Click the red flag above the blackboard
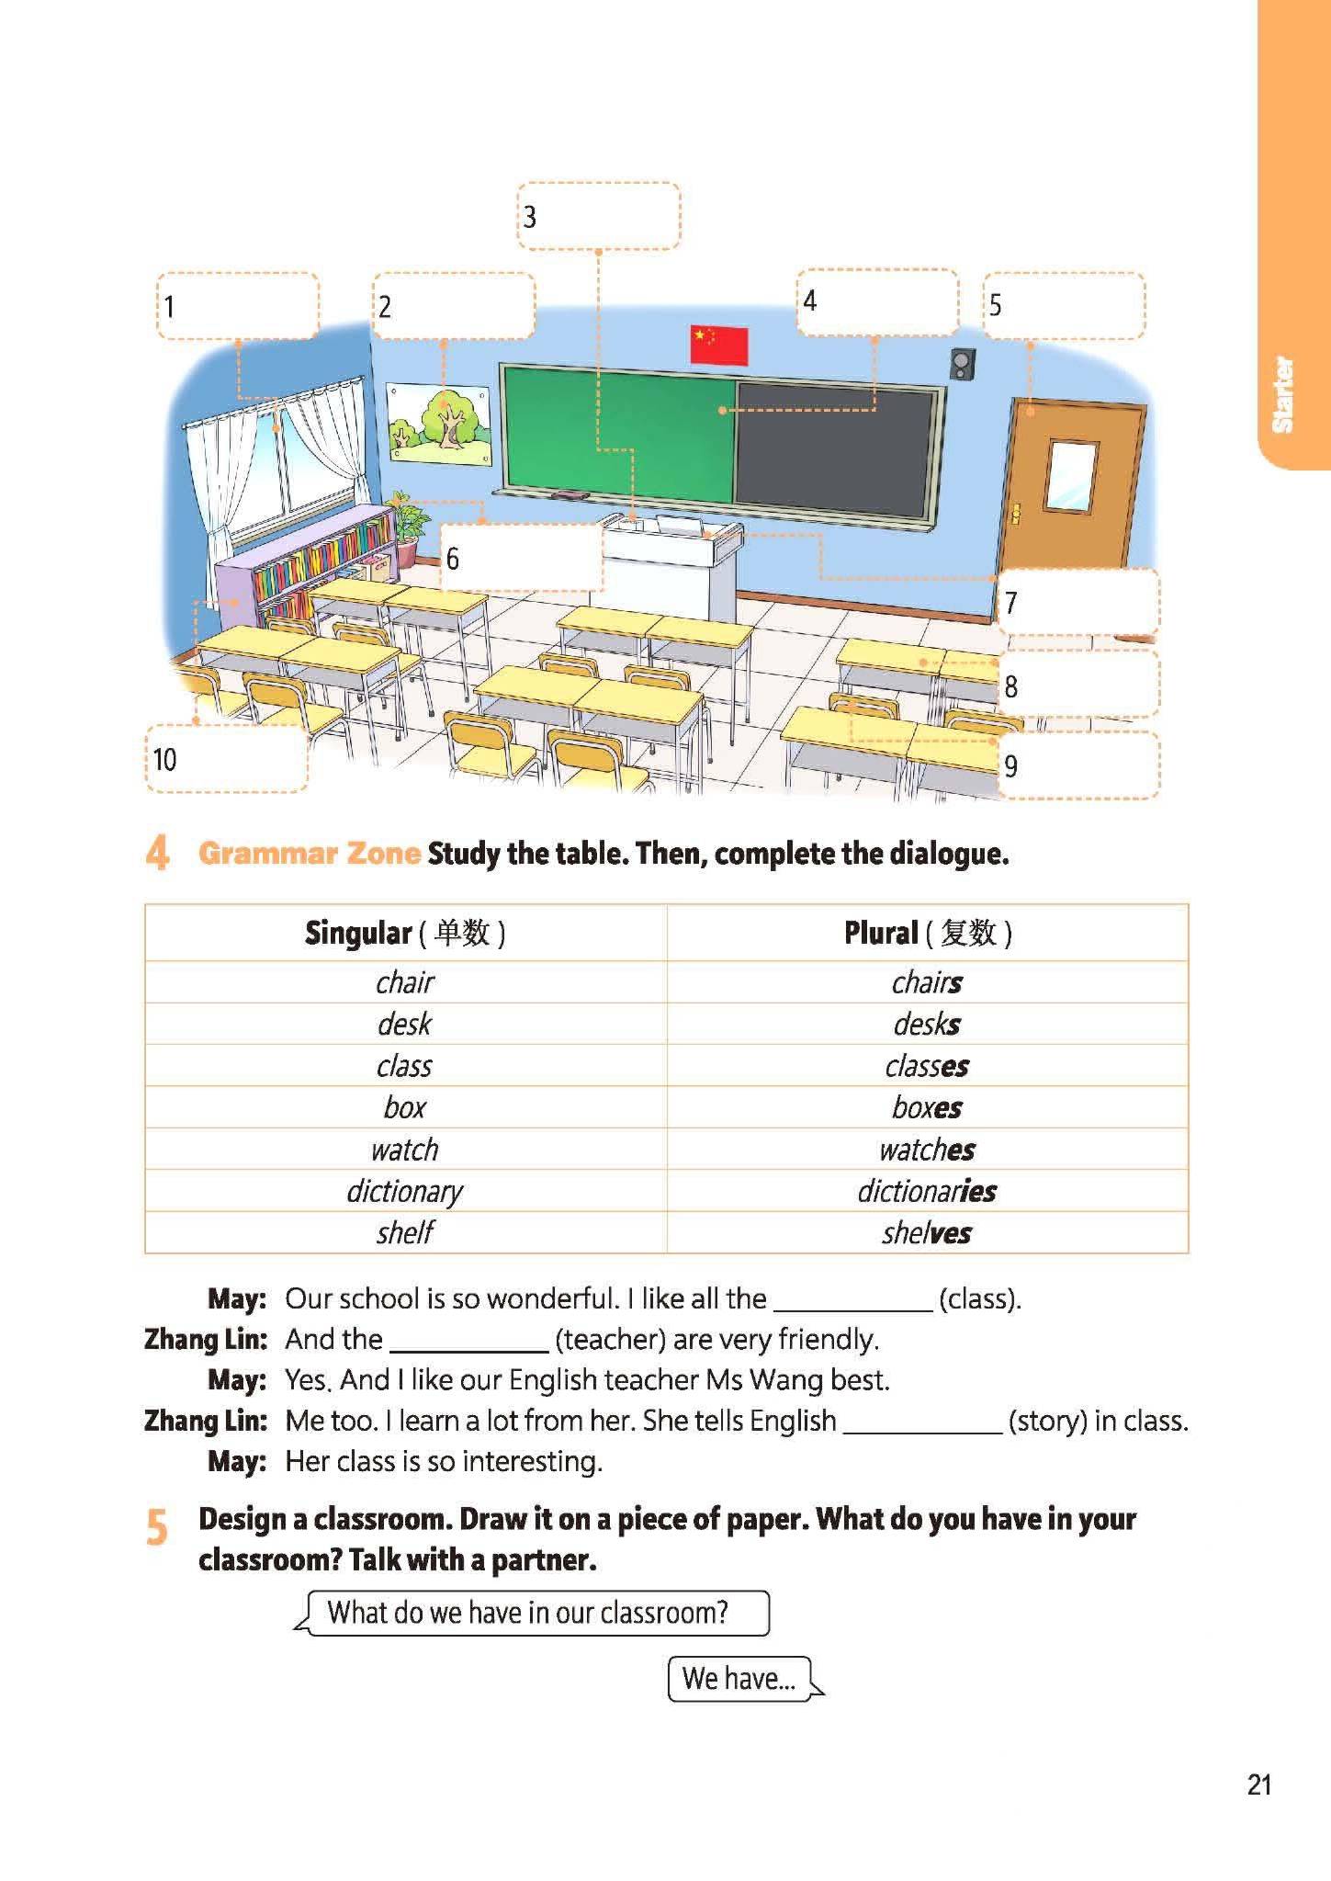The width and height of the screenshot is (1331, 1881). [x=718, y=345]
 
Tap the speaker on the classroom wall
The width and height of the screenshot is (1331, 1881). [x=962, y=364]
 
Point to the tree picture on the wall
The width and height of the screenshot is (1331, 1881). [x=440, y=424]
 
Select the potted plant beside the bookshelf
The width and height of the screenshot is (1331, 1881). [x=407, y=529]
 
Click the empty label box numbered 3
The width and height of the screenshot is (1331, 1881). [x=598, y=216]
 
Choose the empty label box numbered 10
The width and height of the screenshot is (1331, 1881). [x=226, y=759]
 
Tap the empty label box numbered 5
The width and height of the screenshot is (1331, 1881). [x=1064, y=305]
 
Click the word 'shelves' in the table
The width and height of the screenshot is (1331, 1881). [x=926, y=1232]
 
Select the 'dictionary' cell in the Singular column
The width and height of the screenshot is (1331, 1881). [x=404, y=1191]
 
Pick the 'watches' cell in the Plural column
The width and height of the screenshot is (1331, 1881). [x=926, y=1150]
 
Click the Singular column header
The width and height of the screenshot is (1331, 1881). [x=404, y=934]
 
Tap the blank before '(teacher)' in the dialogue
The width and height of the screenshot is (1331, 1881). [x=468, y=1341]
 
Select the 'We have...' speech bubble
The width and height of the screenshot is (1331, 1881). [x=739, y=1679]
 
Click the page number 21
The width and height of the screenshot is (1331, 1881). [x=1259, y=1785]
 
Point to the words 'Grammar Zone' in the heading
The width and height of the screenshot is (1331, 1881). [x=309, y=854]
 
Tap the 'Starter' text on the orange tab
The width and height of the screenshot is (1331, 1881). [x=1282, y=394]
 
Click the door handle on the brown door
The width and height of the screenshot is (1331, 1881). [x=1015, y=514]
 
